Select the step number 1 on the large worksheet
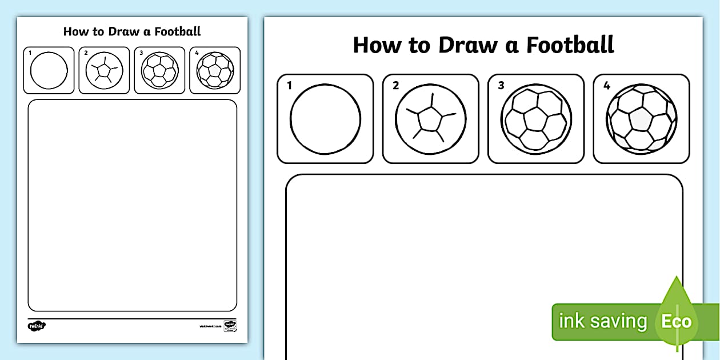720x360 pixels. click(x=290, y=86)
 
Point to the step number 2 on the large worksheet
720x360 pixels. click(x=395, y=86)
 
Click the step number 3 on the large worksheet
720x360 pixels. click(x=501, y=86)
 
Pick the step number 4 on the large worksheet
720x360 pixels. click(x=606, y=86)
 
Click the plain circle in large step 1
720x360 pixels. click(x=325, y=119)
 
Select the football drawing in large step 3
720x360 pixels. click(x=536, y=119)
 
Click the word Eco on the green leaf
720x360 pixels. click(x=677, y=321)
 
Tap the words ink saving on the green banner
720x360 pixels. click(x=602, y=321)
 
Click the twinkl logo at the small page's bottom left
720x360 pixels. click(x=36, y=326)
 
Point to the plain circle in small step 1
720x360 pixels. click(x=49, y=71)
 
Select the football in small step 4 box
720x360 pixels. click(x=215, y=71)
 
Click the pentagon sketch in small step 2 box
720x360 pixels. click(x=104, y=71)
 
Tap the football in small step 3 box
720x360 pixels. click(x=159, y=71)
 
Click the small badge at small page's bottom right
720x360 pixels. click(x=230, y=326)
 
